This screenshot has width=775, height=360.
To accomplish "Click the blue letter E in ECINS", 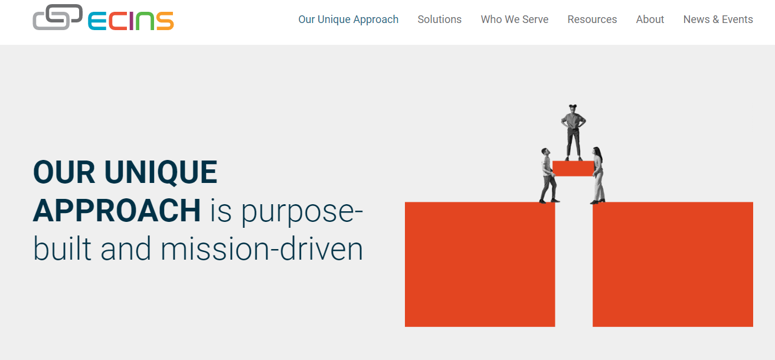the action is (x=97, y=21).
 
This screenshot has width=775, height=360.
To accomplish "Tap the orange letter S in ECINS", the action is (x=165, y=21).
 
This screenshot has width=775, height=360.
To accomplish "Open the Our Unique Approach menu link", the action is (x=348, y=19).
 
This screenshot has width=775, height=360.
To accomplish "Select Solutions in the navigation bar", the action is (x=439, y=19).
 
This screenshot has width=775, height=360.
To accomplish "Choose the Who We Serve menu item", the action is (x=515, y=19).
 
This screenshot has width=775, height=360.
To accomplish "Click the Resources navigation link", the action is (x=592, y=19).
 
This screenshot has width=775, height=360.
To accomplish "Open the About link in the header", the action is (x=650, y=19).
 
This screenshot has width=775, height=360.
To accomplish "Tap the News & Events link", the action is (x=718, y=19).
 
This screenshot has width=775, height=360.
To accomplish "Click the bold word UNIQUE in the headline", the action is (x=161, y=172).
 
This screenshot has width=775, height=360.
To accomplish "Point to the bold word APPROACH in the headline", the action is (x=117, y=210).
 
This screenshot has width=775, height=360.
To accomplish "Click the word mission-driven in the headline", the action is (x=262, y=248).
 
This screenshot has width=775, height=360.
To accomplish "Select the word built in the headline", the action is (x=63, y=248).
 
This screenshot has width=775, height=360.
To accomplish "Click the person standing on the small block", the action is (x=573, y=133).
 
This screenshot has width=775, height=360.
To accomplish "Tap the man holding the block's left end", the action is (x=549, y=176).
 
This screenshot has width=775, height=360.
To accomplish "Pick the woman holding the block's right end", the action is (x=598, y=175).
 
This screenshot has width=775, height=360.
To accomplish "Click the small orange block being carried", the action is (x=573, y=168).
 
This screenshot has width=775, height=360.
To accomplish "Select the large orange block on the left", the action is (x=480, y=264).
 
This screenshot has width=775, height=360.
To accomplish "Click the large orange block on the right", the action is (x=672, y=264).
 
